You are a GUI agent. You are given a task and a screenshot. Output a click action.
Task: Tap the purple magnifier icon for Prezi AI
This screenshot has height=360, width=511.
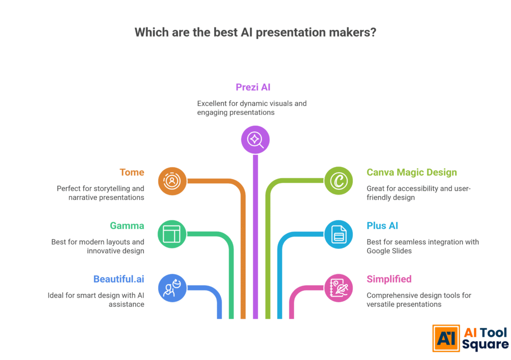(x=255, y=139)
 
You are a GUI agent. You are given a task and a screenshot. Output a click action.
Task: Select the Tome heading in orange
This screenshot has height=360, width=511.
(x=132, y=172)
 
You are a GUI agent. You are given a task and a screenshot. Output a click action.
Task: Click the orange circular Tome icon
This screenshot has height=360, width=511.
(x=172, y=181)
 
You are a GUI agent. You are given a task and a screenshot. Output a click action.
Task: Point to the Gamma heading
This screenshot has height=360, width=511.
(x=127, y=226)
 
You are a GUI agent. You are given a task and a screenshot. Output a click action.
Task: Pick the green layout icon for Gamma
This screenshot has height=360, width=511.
(x=172, y=234)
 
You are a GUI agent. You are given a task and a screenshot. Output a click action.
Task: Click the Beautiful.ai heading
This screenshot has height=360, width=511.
(x=119, y=279)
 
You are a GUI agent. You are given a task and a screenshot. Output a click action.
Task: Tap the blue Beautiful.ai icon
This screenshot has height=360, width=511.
(x=172, y=288)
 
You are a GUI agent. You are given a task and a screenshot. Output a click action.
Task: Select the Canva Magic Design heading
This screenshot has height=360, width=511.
(x=412, y=172)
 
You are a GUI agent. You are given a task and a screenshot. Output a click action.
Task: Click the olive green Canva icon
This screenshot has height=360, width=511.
(x=338, y=181)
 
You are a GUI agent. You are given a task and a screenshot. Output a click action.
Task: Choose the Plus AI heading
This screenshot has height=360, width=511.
(x=382, y=226)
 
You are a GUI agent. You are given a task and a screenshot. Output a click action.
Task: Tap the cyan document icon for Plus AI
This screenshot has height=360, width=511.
(x=338, y=234)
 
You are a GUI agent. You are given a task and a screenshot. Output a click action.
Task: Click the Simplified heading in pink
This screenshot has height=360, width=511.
(x=389, y=279)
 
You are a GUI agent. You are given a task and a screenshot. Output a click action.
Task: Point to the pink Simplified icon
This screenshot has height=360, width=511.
(x=338, y=288)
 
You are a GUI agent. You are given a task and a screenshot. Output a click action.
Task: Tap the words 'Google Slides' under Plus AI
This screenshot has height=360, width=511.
(x=389, y=251)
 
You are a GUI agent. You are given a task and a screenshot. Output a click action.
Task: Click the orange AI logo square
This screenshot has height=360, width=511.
(x=446, y=339)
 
